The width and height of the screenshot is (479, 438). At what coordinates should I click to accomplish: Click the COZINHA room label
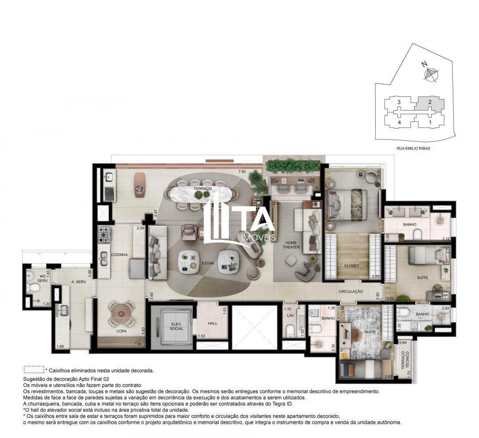point(119,255)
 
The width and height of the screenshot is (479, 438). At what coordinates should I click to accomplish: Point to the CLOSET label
point(351,266)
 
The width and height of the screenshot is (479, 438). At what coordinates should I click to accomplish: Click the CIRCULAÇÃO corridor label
point(351,292)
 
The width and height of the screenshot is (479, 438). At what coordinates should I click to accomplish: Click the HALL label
point(212,324)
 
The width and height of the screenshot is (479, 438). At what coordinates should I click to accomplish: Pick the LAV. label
point(291,315)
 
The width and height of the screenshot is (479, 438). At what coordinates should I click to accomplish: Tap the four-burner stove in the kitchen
point(105,233)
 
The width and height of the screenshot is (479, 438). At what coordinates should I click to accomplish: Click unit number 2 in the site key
point(429,102)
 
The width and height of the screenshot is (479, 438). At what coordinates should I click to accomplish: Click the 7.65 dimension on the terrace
point(242,171)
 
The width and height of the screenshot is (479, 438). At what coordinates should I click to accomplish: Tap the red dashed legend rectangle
point(34,370)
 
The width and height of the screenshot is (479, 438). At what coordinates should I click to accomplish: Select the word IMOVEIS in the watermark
point(258,237)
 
